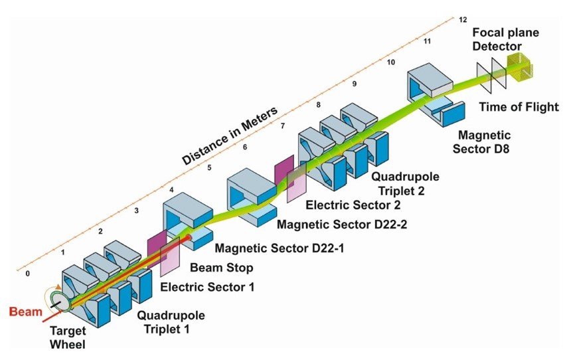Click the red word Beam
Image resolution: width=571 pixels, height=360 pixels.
pyautogui.click(x=25, y=312)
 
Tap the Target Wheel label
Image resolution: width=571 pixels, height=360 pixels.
pyautogui.click(x=67, y=337)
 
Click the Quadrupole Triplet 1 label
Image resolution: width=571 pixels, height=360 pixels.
pyautogui.click(x=171, y=322)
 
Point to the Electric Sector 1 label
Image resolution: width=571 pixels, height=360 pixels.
pyautogui.click(x=207, y=287)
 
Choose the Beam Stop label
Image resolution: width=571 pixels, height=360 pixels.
pyautogui.click(x=221, y=268)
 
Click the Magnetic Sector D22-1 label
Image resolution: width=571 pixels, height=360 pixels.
pyautogui.click(x=280, y=248)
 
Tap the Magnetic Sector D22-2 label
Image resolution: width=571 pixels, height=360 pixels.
pyautogui.click(x=342, y=224)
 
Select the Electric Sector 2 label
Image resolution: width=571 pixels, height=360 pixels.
pyautogui.click(x=353, y=205)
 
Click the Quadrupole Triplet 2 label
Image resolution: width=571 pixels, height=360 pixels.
pyautogui.click(x=405, y=183)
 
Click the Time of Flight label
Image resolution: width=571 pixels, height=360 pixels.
pyautogui.click(x=519, y=107)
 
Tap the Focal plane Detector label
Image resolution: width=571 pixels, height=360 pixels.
pyautogui.click(x=505, y=39)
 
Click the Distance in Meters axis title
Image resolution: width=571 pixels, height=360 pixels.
pyautogui.click(x=230, y=136)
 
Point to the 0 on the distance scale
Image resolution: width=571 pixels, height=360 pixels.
pyautogui.click(x=28, y=274)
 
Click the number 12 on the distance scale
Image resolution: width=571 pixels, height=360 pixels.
pyautogui.click(x=463, y=20)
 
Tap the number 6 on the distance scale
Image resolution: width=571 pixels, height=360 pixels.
pyautogui.click(x=245, y=147)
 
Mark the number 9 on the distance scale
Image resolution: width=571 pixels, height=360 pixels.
pyautogui.click(x=355, y=84)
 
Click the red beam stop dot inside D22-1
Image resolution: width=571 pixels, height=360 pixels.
pyautogui.click(x=189, y=238)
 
